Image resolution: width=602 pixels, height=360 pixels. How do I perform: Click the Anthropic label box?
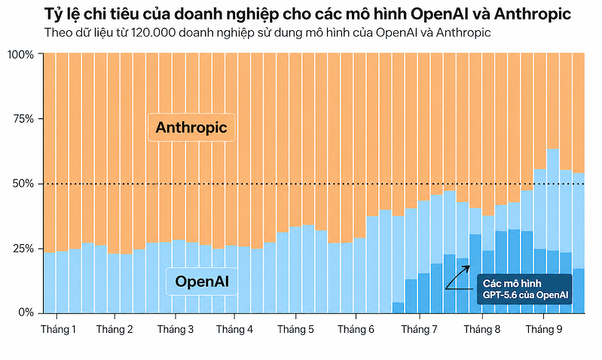tap(191, 127)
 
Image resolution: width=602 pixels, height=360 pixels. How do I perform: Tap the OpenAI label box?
tap(202, 282)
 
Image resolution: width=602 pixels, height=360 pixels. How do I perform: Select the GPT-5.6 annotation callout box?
tap(524, 289)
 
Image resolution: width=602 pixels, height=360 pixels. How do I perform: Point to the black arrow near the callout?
tap(457, 278)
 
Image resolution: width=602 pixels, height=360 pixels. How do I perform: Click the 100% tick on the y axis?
tap(21, 54)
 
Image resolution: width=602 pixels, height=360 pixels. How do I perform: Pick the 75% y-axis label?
tap(23, 119)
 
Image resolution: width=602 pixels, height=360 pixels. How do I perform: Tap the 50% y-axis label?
tap(23, 184)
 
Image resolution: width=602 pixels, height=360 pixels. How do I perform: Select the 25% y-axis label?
tap(23, 249)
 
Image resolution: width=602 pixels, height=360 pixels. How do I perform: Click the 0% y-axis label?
tap(26, 313)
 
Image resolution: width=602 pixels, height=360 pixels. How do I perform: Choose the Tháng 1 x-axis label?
tap(58, 329)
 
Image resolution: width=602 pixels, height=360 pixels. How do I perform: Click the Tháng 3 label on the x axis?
tap(176, 329)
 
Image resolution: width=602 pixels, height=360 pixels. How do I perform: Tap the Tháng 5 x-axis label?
tap(295, 329)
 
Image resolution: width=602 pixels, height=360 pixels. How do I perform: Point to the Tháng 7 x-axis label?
tap(419, 329)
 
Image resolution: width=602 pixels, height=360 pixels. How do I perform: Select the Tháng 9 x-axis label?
tap(544, 329)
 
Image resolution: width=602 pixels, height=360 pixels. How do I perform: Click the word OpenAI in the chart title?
tap(439, 14)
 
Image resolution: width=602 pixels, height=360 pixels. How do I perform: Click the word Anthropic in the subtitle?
tap(463, 33)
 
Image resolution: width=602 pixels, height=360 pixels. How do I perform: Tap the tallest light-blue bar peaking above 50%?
tap(553, 230)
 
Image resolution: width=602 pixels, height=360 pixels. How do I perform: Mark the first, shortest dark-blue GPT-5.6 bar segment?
tap(398, 307)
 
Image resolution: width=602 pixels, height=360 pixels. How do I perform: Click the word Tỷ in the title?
tap(51, 14)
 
